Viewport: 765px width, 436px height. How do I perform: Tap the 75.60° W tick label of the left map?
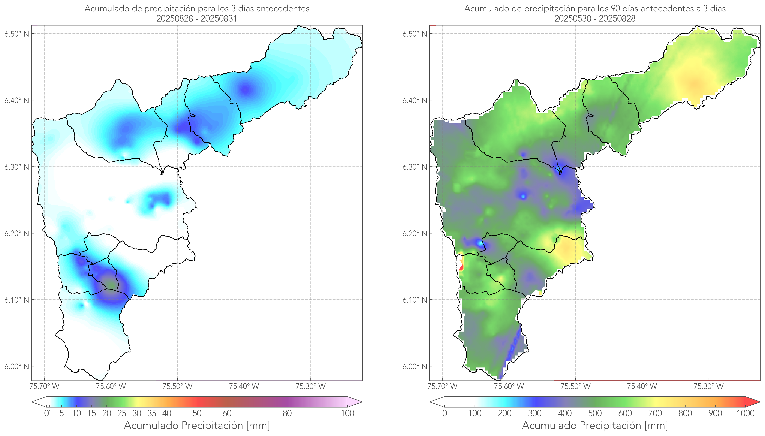[111, 386]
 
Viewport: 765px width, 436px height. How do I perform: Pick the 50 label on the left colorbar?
[197, 413]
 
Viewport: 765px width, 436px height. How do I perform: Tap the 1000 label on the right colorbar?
[745, 413]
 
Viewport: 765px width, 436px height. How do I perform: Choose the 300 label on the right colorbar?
[535, 413]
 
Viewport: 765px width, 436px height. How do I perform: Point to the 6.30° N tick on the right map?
[415, 167]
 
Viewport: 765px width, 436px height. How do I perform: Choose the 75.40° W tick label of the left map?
[244, 386]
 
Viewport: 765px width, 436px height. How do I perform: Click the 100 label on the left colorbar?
[347, 413]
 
